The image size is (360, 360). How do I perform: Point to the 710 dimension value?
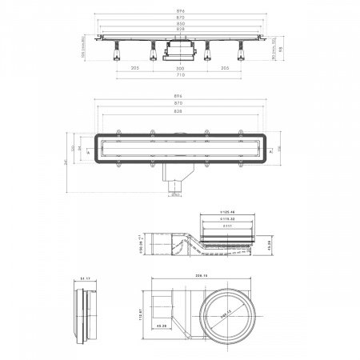click(x=180, y=81)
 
